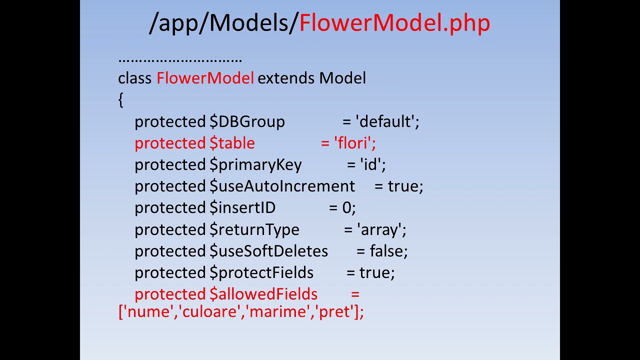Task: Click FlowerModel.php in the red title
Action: (x=394, y=23)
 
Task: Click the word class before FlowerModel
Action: (x=135, y=78)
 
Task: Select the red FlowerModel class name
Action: (x=205, y=78)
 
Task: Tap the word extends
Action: (x=286, y=78)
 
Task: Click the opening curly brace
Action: (x=120, y=100)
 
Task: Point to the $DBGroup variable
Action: (x=247, y=122)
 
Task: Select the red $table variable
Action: (x=232, y=143)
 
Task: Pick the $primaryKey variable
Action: (x=255, y=165)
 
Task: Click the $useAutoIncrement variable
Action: (x=282, y=186)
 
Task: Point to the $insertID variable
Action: (x=242, y=208)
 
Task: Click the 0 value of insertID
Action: (x=346, y=208)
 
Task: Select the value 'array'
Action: (x=379, y=230)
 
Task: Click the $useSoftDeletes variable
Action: (x=268, y=251)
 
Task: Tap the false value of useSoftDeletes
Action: (x=386, y=251)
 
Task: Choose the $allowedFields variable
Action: (x=263, y=294)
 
